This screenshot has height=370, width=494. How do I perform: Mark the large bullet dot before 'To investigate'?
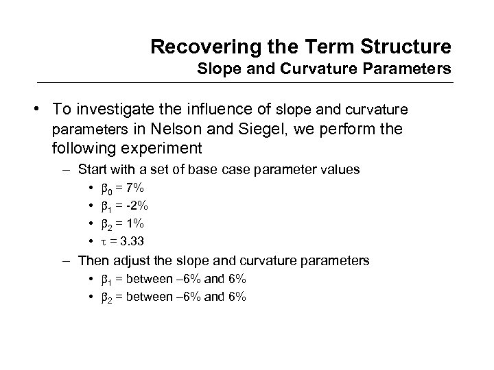[42, 109]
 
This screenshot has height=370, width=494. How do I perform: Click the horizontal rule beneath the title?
[247, 84]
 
